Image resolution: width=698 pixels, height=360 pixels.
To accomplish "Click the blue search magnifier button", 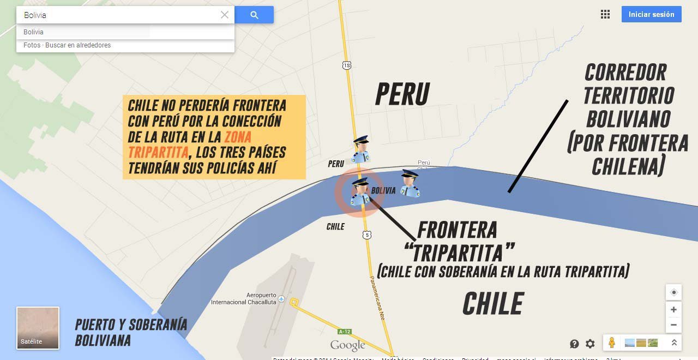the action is (254, 15).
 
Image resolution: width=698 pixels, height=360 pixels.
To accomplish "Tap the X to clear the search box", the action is (224, 15).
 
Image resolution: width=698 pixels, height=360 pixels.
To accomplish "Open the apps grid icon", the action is (605, 15).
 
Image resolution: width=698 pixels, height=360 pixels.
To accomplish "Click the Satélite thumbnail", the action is (38, 328).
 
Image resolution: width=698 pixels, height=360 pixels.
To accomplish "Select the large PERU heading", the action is (402, 94).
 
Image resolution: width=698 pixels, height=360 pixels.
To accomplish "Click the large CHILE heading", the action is (493, 304).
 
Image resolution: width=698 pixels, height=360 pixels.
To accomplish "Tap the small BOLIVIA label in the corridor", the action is (383, 191).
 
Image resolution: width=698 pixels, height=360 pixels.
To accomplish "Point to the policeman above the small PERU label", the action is (361, 149).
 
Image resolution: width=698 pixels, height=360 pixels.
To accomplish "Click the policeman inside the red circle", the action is (360, 193).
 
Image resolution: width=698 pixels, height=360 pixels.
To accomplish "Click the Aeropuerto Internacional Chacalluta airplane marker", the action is (281, 299).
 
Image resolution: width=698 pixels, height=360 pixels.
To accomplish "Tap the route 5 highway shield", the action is (367, 235).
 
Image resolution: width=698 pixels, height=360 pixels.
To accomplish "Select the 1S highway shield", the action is (347, 65).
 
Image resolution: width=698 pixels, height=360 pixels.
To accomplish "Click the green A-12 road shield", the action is (344, 332).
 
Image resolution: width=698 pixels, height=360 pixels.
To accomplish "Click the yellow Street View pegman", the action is (612, 343).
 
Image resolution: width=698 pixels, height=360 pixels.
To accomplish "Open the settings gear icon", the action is (590, 344).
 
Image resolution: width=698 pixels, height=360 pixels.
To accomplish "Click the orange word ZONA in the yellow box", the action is (238, 136).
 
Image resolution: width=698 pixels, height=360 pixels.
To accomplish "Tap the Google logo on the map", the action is (347, 345).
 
